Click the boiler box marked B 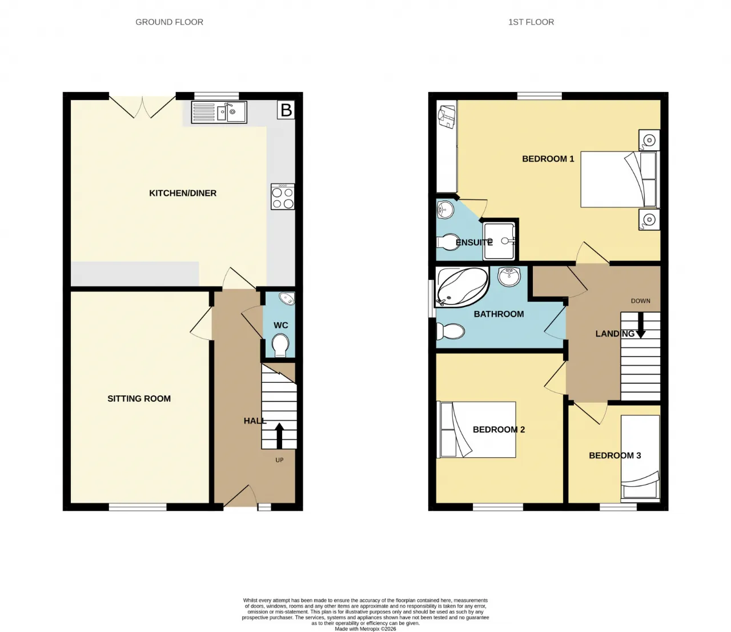point(286,110)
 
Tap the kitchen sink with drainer point(219,112)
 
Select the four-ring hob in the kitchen point(283,197)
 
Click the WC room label point(280,325)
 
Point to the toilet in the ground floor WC point(280,345)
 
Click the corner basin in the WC point(287,299)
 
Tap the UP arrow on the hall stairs point(279,435)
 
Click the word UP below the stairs point(279,460)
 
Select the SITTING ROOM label point(139,399)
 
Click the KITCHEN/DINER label point(183,193)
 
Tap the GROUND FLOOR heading point(170,22)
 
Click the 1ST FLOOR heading point(531,22)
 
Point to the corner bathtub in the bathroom point(462,287)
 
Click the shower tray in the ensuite point(499,241)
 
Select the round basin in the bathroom point(509,277)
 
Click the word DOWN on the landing point(640,301)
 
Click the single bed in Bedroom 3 point(640,458)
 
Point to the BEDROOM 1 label point(548,159)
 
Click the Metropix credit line point(365,629)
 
